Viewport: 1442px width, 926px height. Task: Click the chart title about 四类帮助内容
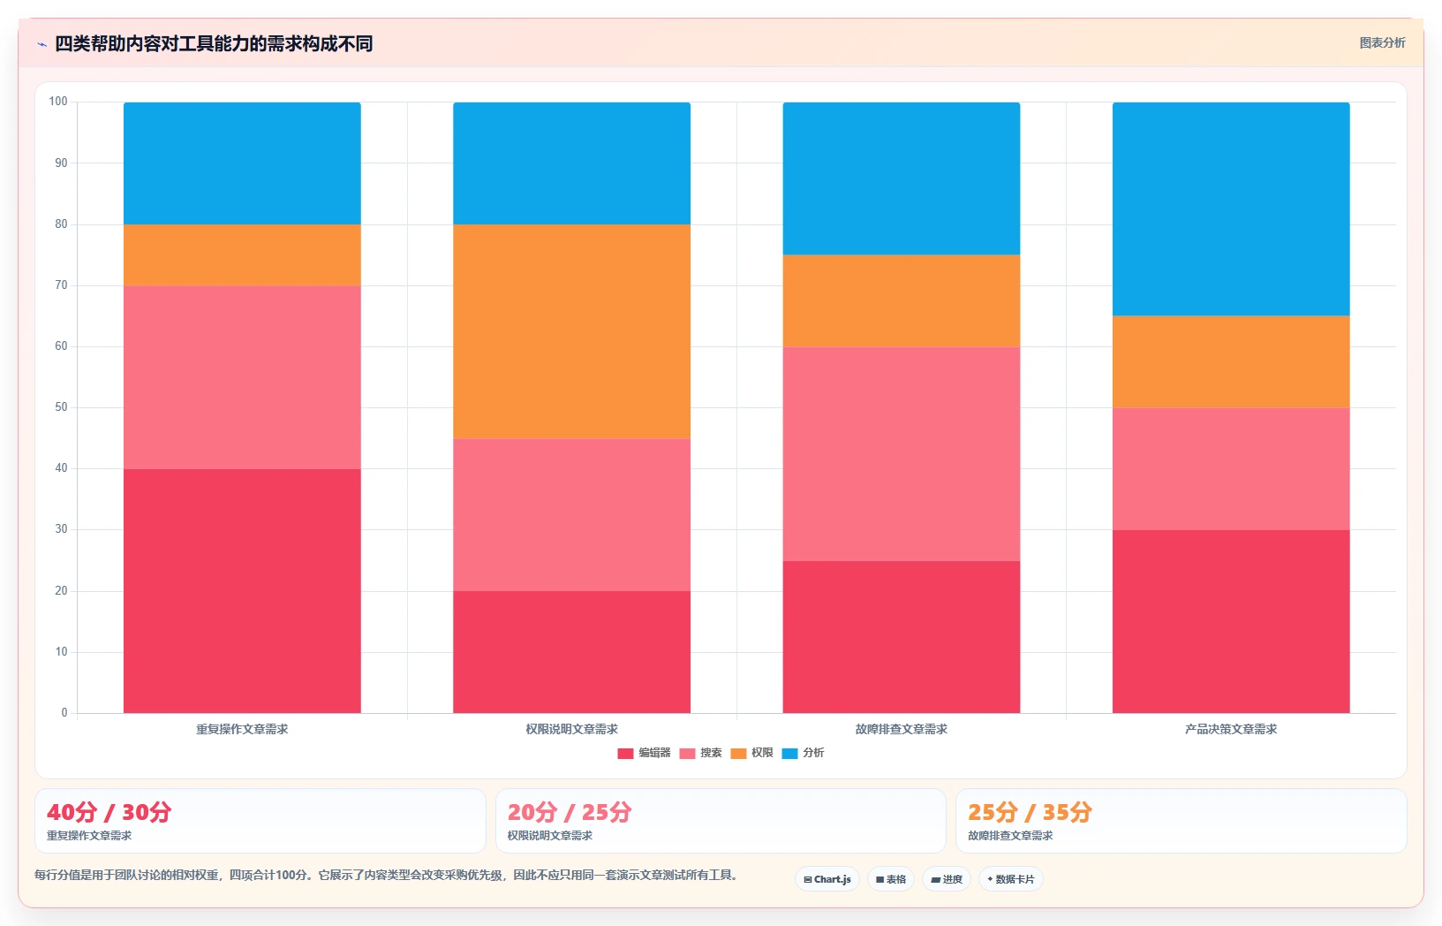[x=214, y=44]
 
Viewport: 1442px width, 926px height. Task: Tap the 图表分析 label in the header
[x=1382, y=42]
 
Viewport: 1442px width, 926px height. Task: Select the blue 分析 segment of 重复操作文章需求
[x=242, y=163]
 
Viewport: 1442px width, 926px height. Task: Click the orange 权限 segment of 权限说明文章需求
[x=571, y=331]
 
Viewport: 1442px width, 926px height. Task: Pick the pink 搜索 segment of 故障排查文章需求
[x=902, y=454]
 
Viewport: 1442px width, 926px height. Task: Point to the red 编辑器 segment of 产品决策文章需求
[x=1231, y=621]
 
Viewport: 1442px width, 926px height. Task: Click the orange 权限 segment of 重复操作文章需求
[x=242, y=255]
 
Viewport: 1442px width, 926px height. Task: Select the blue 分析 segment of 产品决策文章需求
[x=1231, y=209]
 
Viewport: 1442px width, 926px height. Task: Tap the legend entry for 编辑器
[x=644, y=753]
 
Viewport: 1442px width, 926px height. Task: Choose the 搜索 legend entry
[x=700, y=753]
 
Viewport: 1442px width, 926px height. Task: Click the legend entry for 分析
[x=803, y=753]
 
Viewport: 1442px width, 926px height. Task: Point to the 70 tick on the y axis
[x=61, y=285]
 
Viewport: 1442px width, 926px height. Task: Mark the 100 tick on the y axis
[x=58, y=102]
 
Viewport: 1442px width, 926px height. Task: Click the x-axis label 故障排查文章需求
[x=902, y=729]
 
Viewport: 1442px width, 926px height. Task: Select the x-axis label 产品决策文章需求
[x=1231, y=729]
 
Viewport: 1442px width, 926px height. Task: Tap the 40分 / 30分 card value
[x=109, y=812]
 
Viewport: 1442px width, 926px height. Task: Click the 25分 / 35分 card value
[x=1030, y=812]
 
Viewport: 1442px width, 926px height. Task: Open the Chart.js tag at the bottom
[x=827, y=879]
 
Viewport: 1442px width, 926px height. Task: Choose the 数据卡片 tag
[x=1011, y=879]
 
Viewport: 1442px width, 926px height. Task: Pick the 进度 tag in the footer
[x=947, y=879]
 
